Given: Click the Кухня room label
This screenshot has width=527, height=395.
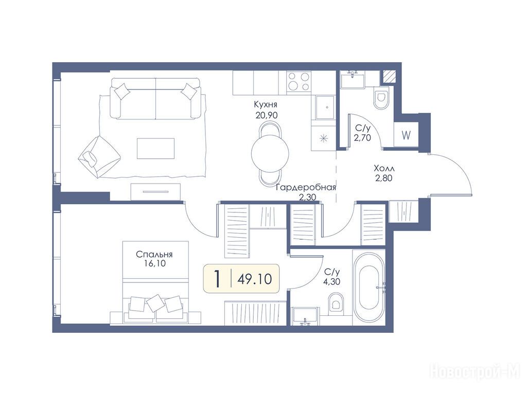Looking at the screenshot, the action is tap(266, 104).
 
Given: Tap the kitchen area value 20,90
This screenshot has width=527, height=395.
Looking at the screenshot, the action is tap(267, 115).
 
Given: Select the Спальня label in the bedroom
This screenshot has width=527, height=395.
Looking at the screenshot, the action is tap(154, 254).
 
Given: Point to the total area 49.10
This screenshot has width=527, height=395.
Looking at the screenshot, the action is tap(254, 279).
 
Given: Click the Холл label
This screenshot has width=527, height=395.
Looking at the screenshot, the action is tap(384, 168).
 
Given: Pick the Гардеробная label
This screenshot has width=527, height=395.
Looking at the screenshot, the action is tap(306, 187).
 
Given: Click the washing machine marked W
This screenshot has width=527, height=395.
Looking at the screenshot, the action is tap(406, 135).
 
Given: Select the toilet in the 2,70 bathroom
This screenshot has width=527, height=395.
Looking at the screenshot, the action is tap(381, 98).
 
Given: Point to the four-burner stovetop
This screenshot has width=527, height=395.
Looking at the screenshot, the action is tap(299, 82).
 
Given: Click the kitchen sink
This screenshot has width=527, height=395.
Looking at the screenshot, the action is tap(324, 107).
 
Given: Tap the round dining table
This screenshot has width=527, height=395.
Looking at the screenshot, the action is tap(270, 152).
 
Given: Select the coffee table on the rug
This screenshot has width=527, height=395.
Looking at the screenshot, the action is tap(155, 149).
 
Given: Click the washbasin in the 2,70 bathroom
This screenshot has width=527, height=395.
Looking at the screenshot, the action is tap(353, 80).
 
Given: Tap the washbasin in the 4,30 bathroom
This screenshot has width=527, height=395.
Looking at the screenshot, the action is tap(306, 316).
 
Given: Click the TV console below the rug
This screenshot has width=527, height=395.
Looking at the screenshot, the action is tap(155, 192).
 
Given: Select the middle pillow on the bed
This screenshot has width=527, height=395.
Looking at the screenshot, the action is tap(155, 302).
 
